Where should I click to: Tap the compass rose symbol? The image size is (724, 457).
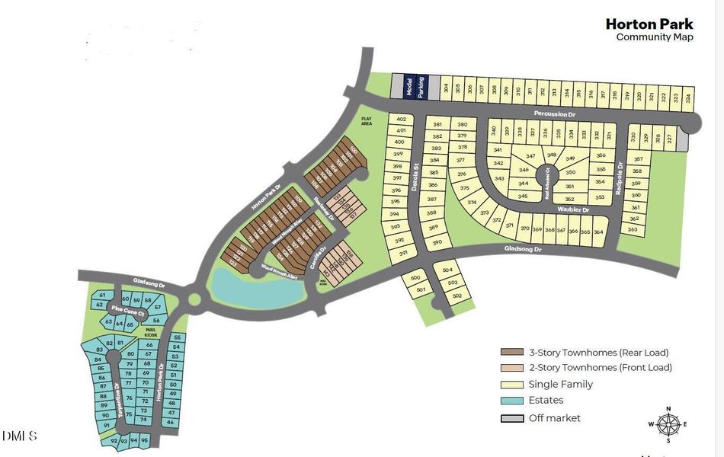(x=668, y=424)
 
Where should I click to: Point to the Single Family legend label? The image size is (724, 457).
(x=560, y=385)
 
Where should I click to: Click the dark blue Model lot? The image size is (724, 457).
(x=409, y=86)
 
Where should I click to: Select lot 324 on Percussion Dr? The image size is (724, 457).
(x=687, y=97)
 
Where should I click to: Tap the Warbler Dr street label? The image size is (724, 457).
(x=573, y=209)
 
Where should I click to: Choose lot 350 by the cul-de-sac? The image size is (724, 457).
(x=570, y=173)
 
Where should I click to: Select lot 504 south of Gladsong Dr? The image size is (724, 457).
(x=447, y=270)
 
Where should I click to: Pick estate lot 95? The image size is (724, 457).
(x=145, y=440)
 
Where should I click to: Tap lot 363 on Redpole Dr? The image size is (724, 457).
(x=633, y=229)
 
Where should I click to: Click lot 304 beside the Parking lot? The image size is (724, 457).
(x=445, y=88)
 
